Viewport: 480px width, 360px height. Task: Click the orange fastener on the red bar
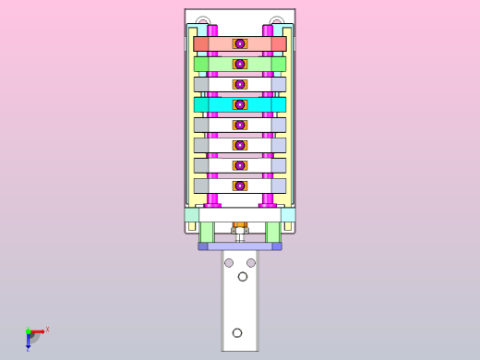pyautogui.click(x=240, y=43)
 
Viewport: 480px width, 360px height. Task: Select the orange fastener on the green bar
pyautogui.click(x=240, y=64)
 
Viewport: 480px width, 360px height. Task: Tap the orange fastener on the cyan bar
pyautogui.click(x=240, y=104)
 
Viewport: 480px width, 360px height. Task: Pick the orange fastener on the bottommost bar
pyautogui.click(x=240, y=186)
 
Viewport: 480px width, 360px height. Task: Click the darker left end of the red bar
pyautogui.click(x=200, y=43)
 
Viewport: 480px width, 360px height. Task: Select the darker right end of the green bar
pyautogui.click(x=279, y=64)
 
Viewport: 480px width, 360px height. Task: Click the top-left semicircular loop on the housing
pyautogui.click(x=203, y=21)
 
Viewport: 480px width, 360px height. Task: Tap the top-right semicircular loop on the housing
pyautogui.click(x=277, y=21)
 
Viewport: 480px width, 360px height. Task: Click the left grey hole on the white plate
pyautogui.click(x=229, y=263)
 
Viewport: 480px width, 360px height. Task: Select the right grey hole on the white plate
pyautogui.click(x=251, y=263)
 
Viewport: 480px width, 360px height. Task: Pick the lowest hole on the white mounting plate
pyautogui.click(x=237, y=332)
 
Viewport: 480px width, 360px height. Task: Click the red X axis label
pyautogui.click(x=47, y=329)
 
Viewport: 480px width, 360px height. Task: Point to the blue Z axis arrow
pyautogui.click(x=28, y=343)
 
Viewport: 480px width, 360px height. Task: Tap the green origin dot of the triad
pyautogui.click(x=28, y=331)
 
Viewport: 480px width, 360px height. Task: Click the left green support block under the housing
pyautogui.click(x=207, y=233)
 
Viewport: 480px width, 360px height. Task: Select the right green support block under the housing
pyautogui.click(x=273, y=233)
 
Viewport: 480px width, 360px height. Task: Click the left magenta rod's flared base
pyautogui.click(x=212, y=201)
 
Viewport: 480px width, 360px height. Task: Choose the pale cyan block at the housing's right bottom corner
pyautogui.click(x=288, y=214)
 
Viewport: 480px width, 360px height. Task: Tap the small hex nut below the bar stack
pyautogui.click(x=240, y=224)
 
